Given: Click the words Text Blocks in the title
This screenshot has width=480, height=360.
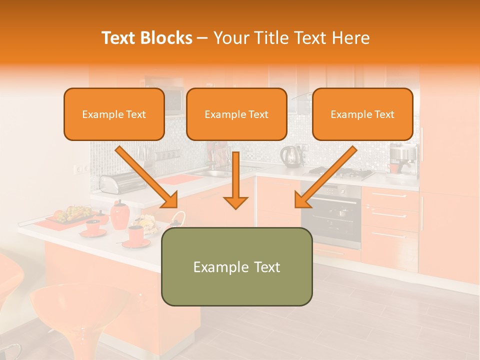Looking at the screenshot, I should tap(146, 38).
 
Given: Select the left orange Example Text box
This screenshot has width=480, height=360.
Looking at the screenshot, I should tap(114, 114).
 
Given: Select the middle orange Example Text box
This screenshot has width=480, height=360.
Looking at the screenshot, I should tap(236, 114).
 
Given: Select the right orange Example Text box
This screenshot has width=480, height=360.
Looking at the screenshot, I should tap(362, 114).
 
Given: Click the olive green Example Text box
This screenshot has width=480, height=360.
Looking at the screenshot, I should tap(236, 266).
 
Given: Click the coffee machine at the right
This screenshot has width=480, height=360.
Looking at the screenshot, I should tap(403, 159).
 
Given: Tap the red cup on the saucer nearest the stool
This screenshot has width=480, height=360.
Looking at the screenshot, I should tap(135, 235).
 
